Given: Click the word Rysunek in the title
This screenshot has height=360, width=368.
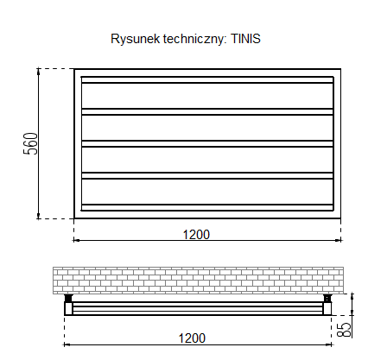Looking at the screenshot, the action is (136, 39).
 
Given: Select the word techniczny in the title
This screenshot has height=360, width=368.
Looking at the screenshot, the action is (194, 39).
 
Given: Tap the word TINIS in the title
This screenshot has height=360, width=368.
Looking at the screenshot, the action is (245, 39).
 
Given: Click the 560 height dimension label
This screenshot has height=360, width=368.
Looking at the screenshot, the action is (30, 143).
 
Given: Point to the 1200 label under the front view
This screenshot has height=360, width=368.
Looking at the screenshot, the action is (196, 235).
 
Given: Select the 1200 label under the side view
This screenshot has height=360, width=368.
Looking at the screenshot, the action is (192, 338).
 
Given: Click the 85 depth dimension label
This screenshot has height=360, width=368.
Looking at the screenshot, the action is (344, 330).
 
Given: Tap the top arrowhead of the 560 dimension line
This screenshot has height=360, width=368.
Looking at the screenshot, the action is (38, 71).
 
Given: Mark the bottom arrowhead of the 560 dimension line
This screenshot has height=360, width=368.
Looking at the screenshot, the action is (38, 216).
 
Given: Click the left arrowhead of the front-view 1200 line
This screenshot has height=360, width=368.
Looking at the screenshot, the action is (77, 240).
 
